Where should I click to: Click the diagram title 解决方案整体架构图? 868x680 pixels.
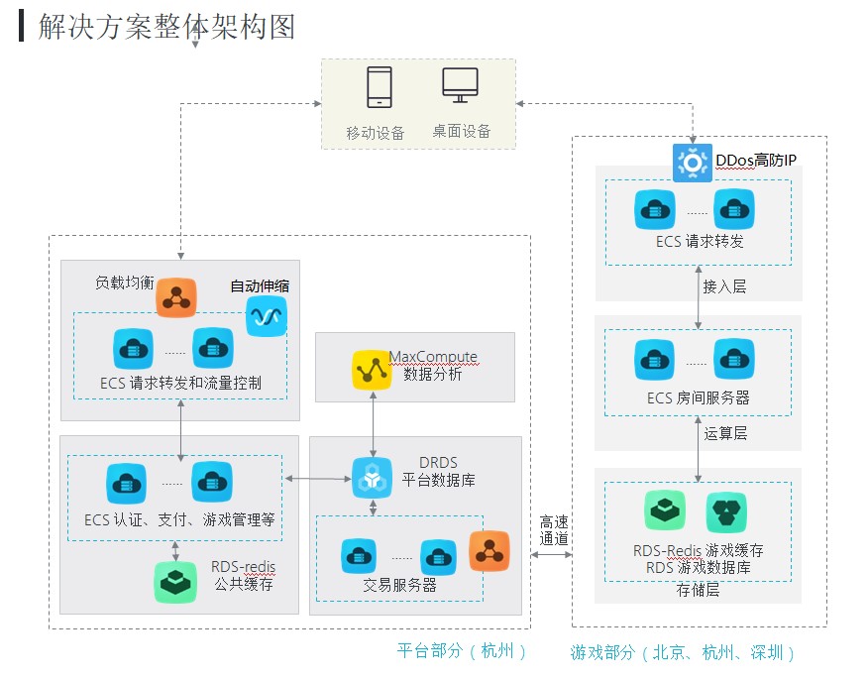(x=166, y=26)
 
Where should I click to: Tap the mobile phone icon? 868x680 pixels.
(x=380, y=87)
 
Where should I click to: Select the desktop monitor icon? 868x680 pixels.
(x=460, y=86)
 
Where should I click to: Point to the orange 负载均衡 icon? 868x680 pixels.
(x=176, y=297)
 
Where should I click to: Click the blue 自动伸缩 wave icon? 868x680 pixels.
(x=266, y=316)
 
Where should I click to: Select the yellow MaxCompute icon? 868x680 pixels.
(x=372, y=369)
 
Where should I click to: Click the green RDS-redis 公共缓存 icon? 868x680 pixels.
(x=175, y=582)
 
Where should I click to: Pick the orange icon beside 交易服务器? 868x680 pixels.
(x=488, y=552)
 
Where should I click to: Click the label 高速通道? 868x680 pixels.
(x=554, y=530)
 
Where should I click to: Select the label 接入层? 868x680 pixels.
(x=724, y=286)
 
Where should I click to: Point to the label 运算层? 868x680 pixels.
(x=724, y=432)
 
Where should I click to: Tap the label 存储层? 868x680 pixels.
(x=698, y=590)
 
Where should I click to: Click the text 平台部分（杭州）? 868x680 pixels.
(x=462, y=651)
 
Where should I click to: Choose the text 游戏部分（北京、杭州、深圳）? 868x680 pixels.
(x=684, y=652)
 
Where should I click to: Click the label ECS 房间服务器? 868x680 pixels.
(x=698, y=397)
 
